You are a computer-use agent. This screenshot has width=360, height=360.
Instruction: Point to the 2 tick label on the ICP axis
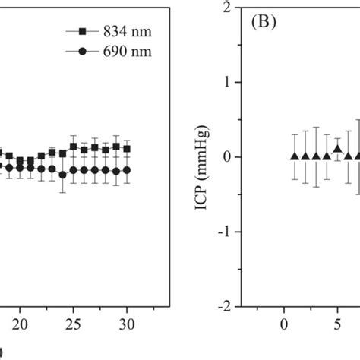tap(226, 7)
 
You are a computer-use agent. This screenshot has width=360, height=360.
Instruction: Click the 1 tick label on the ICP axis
tap(226, 82)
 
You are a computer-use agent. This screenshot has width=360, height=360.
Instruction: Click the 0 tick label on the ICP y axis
tap(226, 157)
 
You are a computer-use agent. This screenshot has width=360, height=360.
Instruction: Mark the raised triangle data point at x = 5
tap(338, 149)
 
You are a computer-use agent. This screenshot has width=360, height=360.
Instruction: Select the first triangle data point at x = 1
tap(295, 156)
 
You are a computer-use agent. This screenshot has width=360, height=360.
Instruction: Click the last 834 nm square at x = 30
tap(127, 148)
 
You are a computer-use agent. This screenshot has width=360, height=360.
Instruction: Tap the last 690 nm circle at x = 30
tap(127, 170)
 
